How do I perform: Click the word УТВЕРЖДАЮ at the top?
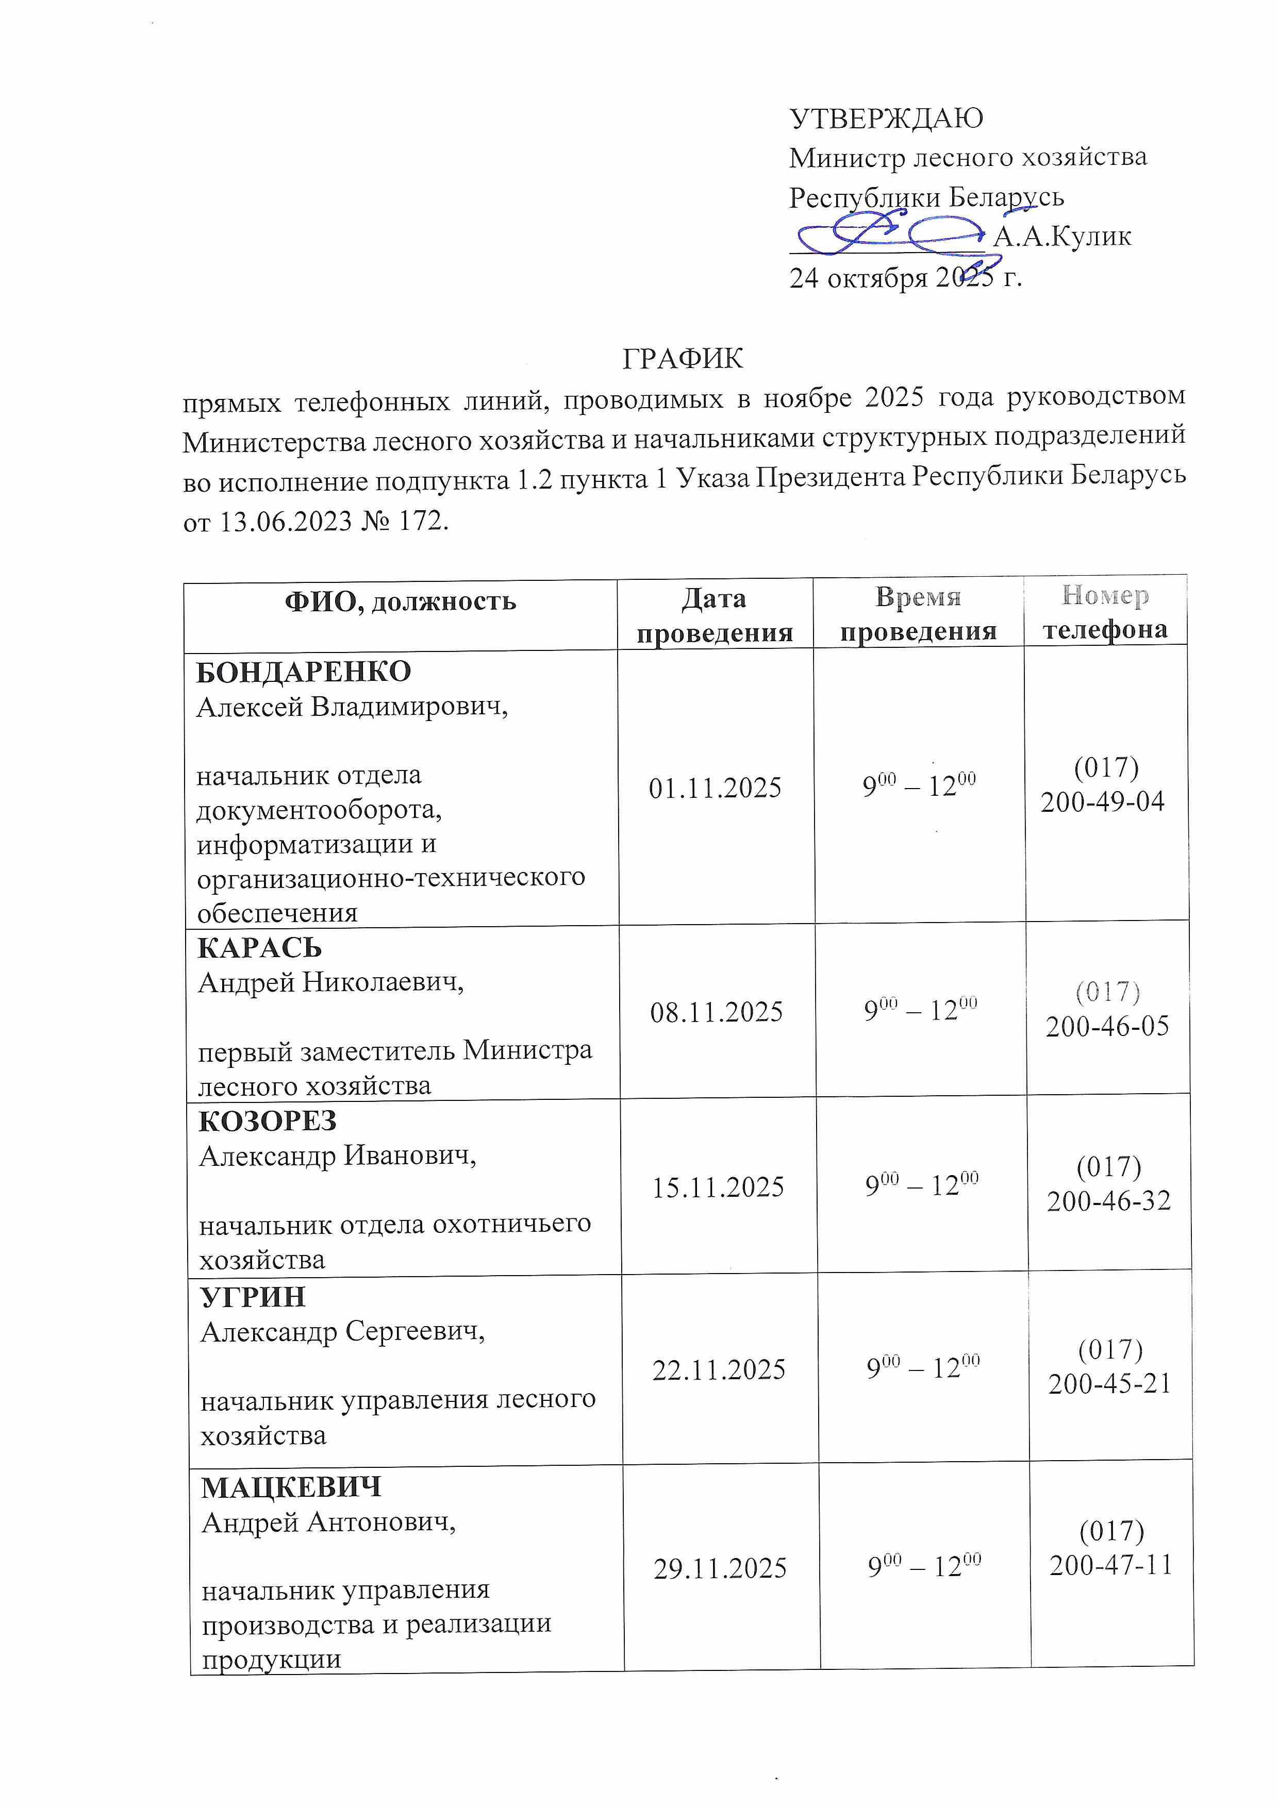(x=886, y=118)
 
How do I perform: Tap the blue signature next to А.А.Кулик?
(x=890, y=235)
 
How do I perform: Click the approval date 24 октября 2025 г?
(x=906, y=277)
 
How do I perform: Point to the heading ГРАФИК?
(x=682, y=359)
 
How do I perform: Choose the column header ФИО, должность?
(x=400, y=602)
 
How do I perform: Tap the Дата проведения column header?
(x=714, y=615)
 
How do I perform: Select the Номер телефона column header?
(x=1105, y=612)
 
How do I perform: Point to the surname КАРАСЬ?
(x=259, y=948)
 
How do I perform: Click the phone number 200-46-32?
(x=1109, y=1201)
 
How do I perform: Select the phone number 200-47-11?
(x=1111, y=1565)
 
